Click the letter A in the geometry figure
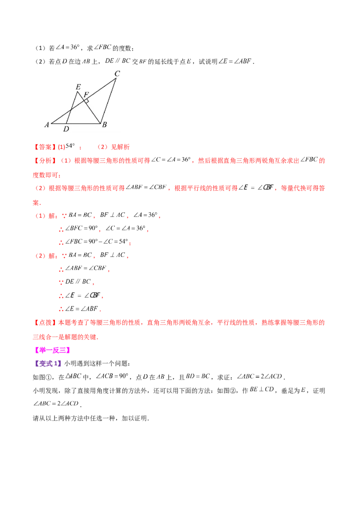click(x=46, y=125)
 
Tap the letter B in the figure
click(x=104, y=125)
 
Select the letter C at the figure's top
click(x=117, y=73)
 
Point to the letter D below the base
click(x=66, y=129)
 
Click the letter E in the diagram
click(x=78, y=87)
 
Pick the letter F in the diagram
click(x=86, y=94)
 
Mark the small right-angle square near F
click(x=86, y=101)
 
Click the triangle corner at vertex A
click(x=52, y=123)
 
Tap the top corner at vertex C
click(x=116, y=79)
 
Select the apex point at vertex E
click(x=78, y=92)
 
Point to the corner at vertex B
click(x=100, y=123)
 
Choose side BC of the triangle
click(x=108, y=101)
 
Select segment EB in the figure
click(x=89, y=108)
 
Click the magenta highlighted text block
click(x=52, y=350)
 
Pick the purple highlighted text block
click(x=47, y=362)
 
